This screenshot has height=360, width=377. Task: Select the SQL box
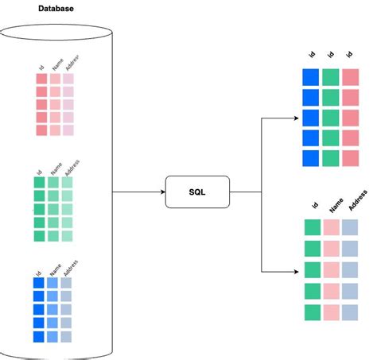click(196, 192)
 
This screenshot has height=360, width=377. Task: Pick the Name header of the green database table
click(56, 168)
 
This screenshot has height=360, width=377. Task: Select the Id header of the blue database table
click(38, 273)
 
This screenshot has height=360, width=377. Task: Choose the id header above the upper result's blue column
click(311, 55)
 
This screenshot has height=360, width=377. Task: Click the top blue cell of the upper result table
click(311, 77)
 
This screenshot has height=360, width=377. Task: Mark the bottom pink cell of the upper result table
click(351, 158)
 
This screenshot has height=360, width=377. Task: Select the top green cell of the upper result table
click(331, 77)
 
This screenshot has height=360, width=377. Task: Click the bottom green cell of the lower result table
click(313, 312)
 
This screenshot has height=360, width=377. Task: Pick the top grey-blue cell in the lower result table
click(351, 228)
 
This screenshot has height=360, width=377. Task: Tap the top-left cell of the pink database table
click(41, 79)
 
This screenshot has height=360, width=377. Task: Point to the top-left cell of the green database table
click(40, 183)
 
